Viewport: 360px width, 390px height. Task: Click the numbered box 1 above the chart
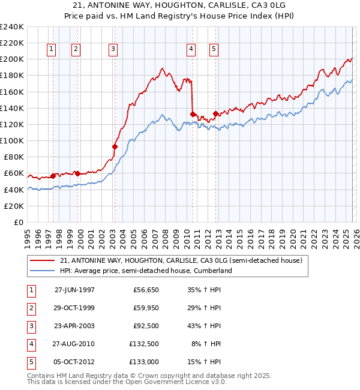[x=52, y=50]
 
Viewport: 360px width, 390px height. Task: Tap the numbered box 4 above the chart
[x=191, y=50]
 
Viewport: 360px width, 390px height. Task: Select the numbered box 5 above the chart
[x=214, y=50]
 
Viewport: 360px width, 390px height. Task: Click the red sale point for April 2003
[x=115, y=146]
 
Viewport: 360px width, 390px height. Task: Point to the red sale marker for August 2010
[x=193, y=114]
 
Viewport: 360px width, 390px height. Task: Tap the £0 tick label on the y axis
[x=18, y=222]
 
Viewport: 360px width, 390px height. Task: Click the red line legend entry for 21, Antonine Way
[x=184, y=260]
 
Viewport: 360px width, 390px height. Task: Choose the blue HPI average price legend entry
[x=145, y=271]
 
